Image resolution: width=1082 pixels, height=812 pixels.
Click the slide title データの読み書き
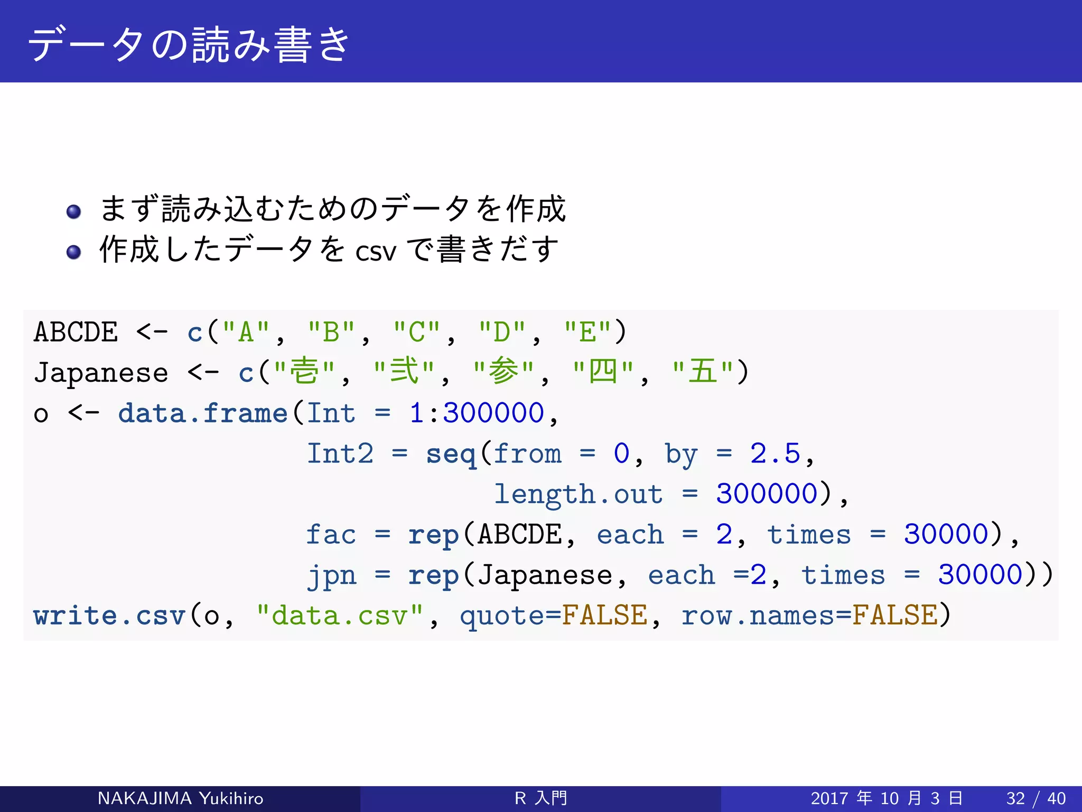coord(189,44)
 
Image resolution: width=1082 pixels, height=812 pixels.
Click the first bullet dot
coord(74,211)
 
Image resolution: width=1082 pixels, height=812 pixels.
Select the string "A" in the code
coord(246,333)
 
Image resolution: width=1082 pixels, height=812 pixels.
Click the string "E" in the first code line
coord(587,333)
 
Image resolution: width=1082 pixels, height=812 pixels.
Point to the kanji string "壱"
coord(305,372)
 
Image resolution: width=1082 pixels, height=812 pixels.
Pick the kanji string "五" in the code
coord(703,372)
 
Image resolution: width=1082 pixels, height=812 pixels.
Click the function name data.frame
coord(202,413)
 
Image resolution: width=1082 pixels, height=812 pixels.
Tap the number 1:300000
coord(477,413)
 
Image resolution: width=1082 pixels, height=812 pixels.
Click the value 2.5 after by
coord(775,454)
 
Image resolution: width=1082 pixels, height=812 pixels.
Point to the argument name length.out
coord(578,495)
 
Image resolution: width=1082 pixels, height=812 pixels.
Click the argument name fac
coord(331,534)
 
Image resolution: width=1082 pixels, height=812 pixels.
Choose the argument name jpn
coord(332,575)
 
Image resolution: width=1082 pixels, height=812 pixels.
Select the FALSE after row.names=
coord(895,616)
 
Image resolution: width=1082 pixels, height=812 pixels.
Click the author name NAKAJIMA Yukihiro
coord(180,798)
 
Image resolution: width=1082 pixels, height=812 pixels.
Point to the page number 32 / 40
coord(1036,798)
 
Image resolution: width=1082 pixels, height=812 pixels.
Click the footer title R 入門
coord(540,798)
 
